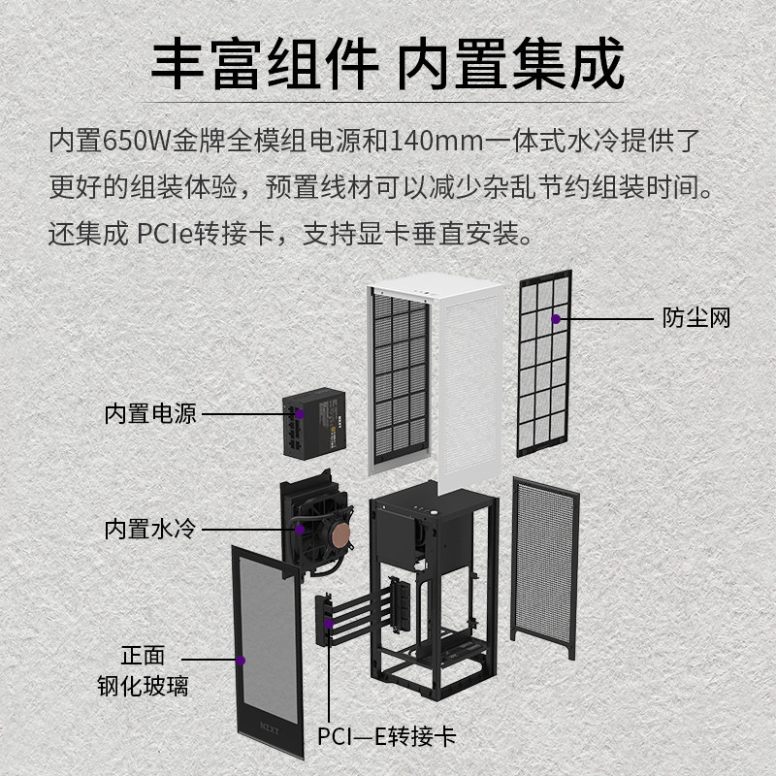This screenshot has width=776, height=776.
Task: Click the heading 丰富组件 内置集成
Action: click(388, 66)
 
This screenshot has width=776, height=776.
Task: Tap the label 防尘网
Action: click(696, 318)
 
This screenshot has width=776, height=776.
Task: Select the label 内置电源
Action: click(150, 414)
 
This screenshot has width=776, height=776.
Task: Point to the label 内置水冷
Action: click(150, 529)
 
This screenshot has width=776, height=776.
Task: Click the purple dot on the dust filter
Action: click(556, 318)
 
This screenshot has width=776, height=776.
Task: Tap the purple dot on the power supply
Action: click(300, 414)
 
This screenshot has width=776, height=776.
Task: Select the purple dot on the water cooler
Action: click(300, 529)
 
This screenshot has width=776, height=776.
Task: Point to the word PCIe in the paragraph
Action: click(172, 233)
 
